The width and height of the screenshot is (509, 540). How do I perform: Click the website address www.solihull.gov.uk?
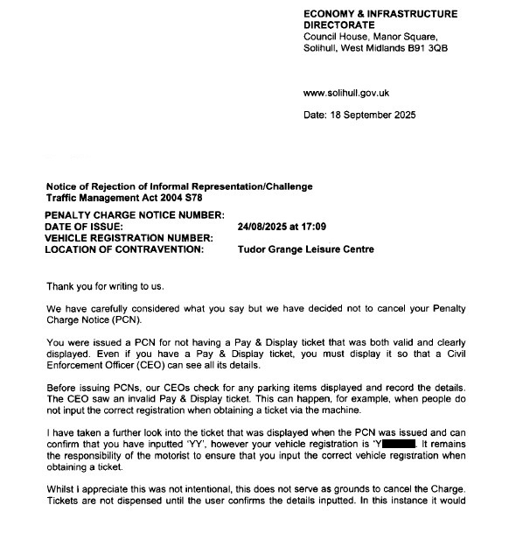(345, 93)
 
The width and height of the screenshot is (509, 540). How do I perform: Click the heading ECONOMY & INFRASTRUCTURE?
(380, 14)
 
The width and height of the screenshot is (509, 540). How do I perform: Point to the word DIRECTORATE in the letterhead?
(338, 25)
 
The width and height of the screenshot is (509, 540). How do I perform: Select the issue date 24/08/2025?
(267, 227)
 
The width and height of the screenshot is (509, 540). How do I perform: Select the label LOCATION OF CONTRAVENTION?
(124, 249)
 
